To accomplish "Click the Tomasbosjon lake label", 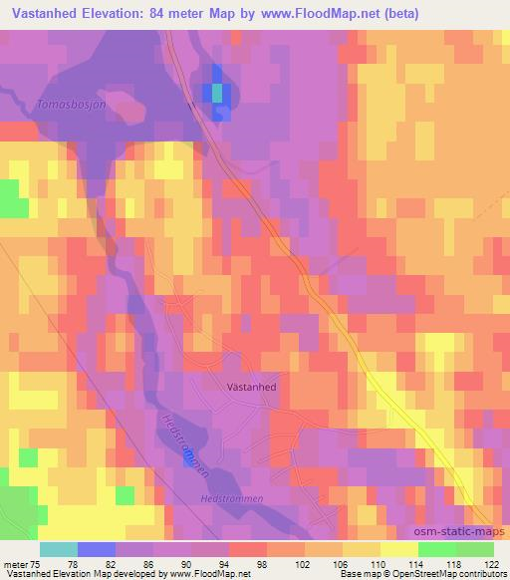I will click(70, 103).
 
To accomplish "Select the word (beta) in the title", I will click(393, 14).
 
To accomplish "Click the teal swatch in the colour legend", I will click(59, 549).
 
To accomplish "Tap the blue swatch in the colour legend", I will click(97, 549).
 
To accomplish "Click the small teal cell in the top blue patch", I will click(216, 93).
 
